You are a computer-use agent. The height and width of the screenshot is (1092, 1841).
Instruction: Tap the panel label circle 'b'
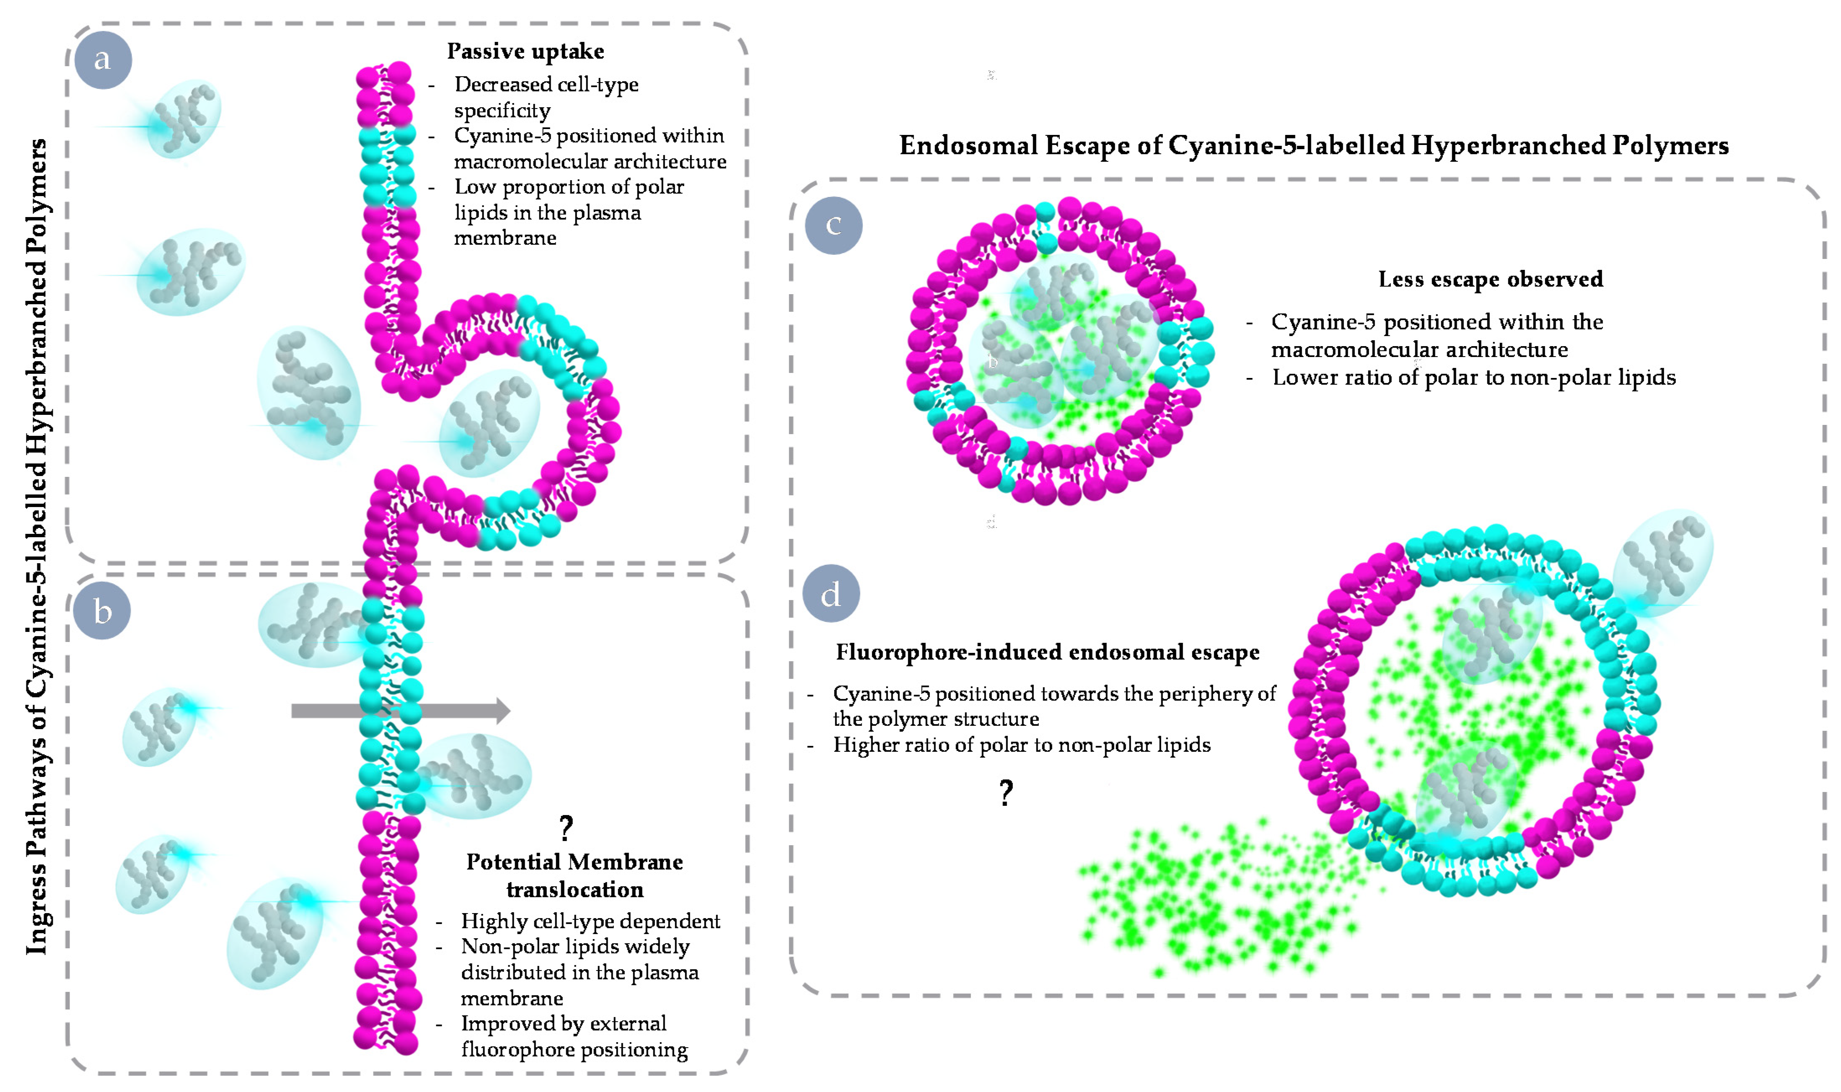102,611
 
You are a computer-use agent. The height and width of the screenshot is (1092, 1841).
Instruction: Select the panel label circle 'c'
833,225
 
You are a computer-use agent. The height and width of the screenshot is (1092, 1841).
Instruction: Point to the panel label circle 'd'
831,594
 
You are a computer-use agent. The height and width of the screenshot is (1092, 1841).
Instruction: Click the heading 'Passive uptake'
526,52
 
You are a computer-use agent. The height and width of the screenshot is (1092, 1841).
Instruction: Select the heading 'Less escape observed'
1490,279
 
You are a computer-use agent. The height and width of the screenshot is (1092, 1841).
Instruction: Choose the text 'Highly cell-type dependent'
590,921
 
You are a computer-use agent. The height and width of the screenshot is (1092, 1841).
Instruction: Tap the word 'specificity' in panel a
502,110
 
